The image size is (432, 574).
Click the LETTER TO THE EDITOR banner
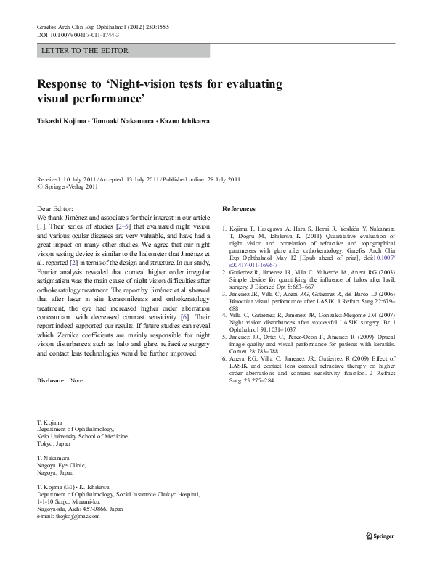coord(85,51)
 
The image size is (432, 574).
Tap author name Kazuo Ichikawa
coord(184,122)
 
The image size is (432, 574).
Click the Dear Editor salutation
coord(55,209)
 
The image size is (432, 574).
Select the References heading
coord(239,209)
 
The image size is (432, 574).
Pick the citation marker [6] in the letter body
coord(186,319)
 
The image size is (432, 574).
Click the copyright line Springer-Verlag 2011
coord(70,186)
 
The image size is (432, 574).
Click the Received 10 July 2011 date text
coord(70,179)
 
